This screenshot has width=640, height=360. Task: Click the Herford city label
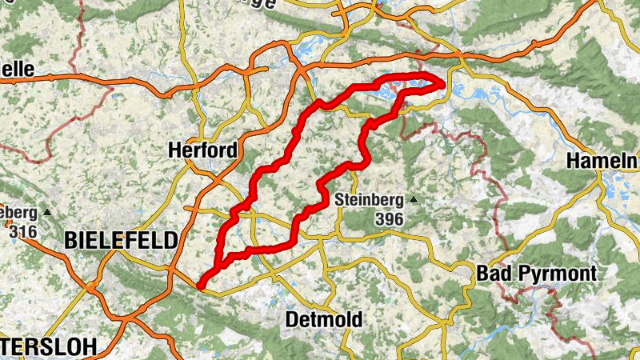pyautogui.click(x=203, y=150)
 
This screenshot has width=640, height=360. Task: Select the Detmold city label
pyautogui.click(x=323, y=320)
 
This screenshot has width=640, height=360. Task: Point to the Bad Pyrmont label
pyautogui.click(x=536, y=273)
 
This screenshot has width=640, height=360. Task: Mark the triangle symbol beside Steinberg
pyautogui.click(x=413, y=199)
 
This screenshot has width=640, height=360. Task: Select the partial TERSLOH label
pyautogui.click(x=48, y=346)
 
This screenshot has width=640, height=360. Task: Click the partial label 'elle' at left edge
pyautogui.click(x=17, y=70)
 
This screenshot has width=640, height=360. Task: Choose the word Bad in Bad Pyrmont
pyautogui.click(x=491, y=273)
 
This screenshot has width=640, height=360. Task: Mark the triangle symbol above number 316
pyautogui.click(x=47, y=213)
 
